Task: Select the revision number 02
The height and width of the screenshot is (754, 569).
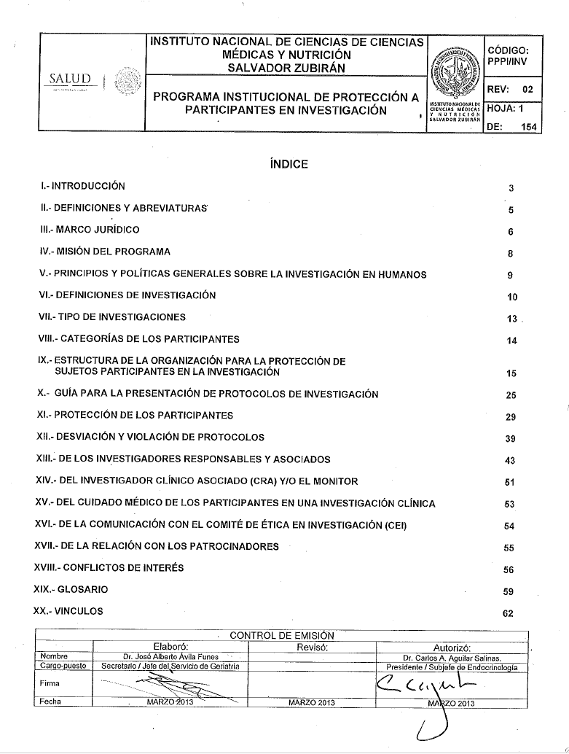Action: [527, 89]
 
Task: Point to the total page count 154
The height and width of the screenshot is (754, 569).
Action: [529, 125]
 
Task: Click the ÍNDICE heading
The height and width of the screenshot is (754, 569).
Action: [289, 164]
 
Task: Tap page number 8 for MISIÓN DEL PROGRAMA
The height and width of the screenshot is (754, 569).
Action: [511, 254]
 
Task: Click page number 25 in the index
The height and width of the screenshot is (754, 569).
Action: [511, 395]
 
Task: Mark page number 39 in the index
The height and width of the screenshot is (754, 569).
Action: [511, 439]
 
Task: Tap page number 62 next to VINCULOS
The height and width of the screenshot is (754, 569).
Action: [509, 613]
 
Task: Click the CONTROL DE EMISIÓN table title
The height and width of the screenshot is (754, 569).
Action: [281, 635]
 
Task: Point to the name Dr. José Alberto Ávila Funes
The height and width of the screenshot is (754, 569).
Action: [171, 656]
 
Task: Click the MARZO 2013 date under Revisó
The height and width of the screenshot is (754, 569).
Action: [311, 702]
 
